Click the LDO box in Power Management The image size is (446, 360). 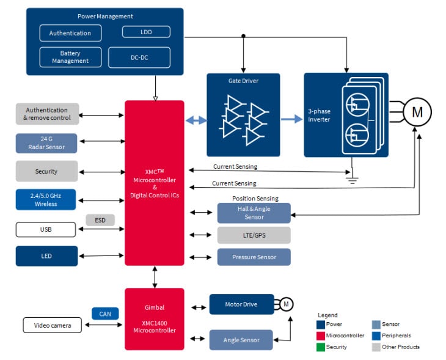point(146,32)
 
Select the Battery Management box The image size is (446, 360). point(70,57)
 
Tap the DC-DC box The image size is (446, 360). point(139,57)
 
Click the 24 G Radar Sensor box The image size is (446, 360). point(46,143)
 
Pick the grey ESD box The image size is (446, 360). point(100,220)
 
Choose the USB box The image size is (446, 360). point(46,230)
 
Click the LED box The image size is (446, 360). point(46,256)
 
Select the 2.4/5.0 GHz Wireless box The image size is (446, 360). point(46,199)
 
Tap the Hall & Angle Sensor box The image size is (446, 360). point(254,213)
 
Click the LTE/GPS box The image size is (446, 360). point(254,235)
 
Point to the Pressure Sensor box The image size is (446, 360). point(254,257)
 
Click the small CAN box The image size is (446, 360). point(105,314)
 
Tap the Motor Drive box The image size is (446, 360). point(241,304)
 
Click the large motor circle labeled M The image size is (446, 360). point(417,112)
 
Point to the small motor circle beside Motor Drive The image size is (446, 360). point(287,304)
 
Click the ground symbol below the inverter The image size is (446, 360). point(353,179)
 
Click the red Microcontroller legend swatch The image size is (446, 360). point(321,336)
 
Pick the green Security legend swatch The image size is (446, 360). point(321,347)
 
